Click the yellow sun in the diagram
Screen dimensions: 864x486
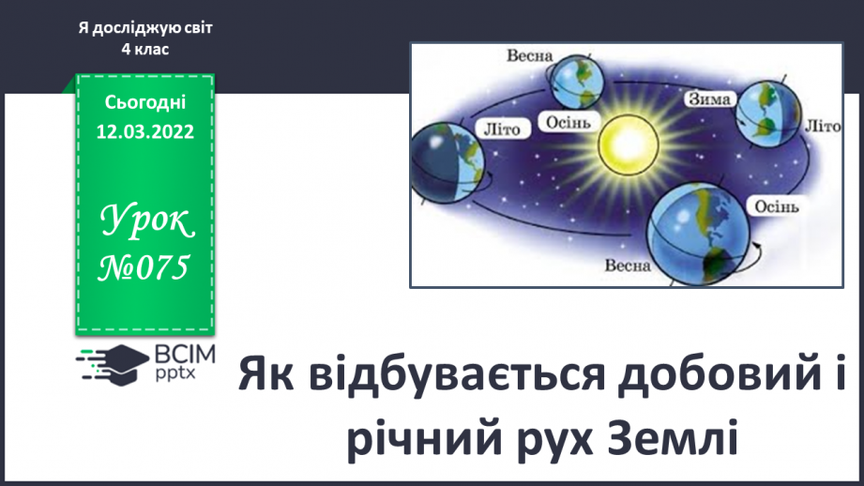click(629, 144)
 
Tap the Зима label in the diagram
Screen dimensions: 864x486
click(710, 99)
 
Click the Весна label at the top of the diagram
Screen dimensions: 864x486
click(529, 55)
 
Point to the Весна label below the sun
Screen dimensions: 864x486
click(628, 266)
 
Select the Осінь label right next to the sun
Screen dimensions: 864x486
click(568, 122)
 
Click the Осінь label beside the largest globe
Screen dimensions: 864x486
click(777, 206)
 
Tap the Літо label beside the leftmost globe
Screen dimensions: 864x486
click(502, 129)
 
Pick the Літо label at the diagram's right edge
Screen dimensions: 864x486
click(823, 126)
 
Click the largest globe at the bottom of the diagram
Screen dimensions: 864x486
click(699, 234)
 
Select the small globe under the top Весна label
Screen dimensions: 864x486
click(577, 83)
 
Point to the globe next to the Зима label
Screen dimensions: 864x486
click(768, 114)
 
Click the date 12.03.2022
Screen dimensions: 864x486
click(144, 131)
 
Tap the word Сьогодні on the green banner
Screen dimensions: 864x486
click(144, 102)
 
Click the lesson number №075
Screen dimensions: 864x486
click(144, 267)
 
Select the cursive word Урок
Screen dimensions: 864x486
click(146, 221)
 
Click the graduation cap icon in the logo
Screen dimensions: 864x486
click(121, 365)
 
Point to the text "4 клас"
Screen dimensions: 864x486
click(144, 49)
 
